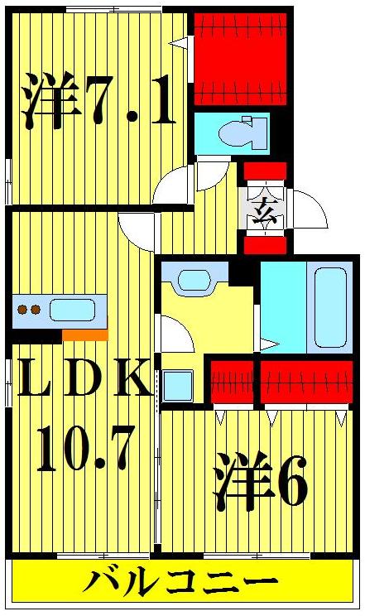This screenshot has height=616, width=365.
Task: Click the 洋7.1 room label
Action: (98, 101)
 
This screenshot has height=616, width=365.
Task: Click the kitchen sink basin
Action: (72, 310)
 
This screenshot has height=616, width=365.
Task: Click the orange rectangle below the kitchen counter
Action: (85, 335)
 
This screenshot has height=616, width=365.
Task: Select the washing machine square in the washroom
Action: (177, 385)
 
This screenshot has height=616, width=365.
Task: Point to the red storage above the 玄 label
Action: (265, 171)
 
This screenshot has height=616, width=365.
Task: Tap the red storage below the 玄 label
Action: (265, 245)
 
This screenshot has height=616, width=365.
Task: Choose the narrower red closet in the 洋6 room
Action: (232, 382)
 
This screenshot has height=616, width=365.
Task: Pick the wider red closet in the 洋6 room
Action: (305, 382)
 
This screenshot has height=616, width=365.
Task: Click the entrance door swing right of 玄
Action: (310, 209)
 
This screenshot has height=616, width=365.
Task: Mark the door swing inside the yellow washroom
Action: (175, 334)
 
